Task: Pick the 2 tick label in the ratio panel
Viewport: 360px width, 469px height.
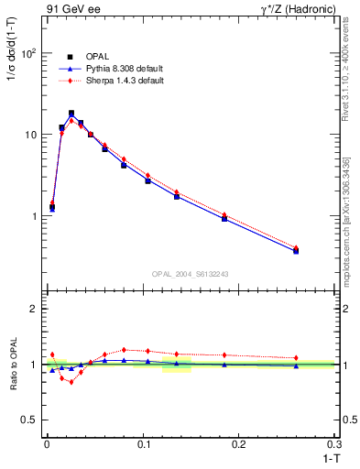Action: pos(32,309)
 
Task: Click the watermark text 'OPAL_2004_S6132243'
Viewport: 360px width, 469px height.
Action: pos(191,273)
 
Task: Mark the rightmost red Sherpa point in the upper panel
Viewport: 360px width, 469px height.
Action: pos(296,247)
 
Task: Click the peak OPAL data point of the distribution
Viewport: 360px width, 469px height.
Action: pos(71,114)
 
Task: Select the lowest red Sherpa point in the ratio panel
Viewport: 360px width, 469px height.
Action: pos(71,382)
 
